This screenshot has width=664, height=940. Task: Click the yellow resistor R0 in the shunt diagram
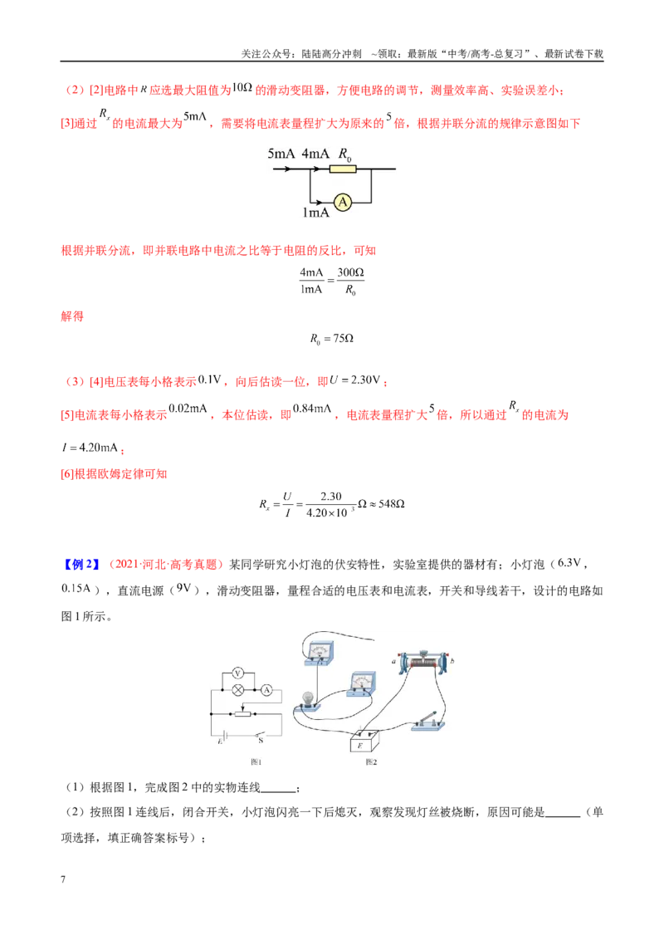[x=343, y=169]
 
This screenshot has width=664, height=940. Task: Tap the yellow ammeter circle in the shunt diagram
[x=343, y=202]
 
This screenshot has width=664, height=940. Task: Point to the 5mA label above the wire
[x=281, y=154]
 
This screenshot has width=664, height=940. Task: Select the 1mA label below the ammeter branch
[x=316, y=213]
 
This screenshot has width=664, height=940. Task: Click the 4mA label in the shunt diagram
[x=315, y=154]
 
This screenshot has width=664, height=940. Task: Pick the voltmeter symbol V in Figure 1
[x=237, y=673]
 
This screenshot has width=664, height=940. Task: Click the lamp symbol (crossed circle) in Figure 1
[x=238, y=690]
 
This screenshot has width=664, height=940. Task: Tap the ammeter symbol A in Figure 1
[x=266, y=690]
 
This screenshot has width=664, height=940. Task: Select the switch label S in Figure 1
[x=261, y=741]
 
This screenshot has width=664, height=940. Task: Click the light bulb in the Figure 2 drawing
[x=308, y=700]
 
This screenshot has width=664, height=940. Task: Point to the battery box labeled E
[x=364, y=742]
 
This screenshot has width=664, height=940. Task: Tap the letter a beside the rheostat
[x=393, y=662]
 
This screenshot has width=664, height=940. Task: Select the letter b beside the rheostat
[x=452, y=661]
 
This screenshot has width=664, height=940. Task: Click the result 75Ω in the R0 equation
[x=344, y=339]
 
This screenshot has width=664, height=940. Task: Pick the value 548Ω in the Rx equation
[x=391, y=504]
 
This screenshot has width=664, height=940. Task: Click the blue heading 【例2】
[x=81, y=565]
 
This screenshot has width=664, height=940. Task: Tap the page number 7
[x=63, y=879]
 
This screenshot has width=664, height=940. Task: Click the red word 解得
[x=72, y=316]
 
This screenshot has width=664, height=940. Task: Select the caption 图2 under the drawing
[x=371, y=762]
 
